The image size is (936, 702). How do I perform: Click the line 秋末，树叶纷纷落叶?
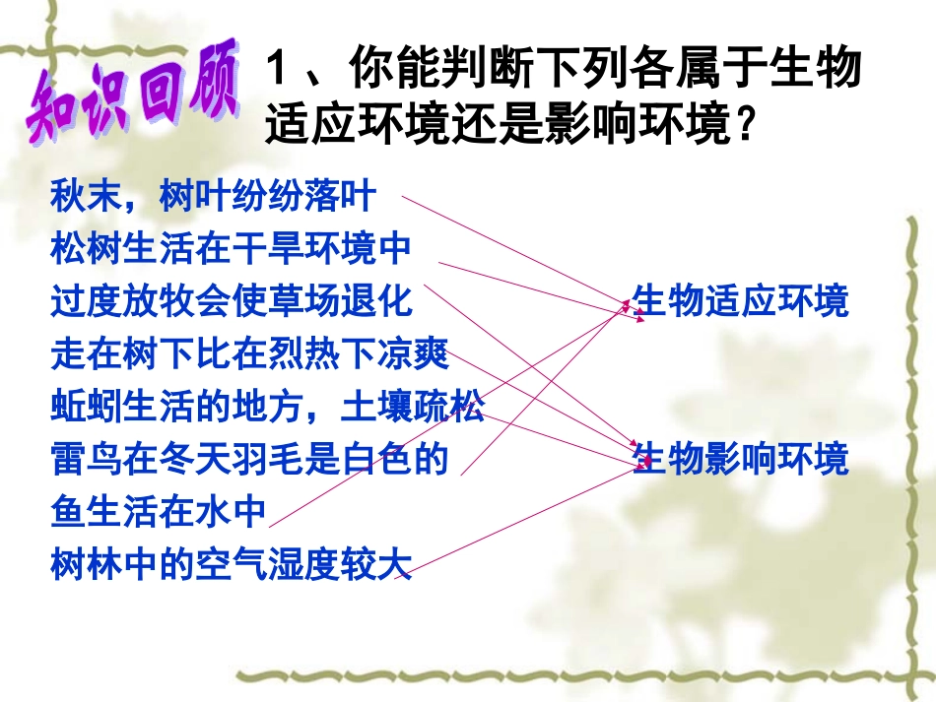coord(213,196)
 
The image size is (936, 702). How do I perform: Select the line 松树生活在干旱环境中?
coord(231,249)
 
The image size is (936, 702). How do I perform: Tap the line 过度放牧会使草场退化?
coord(232,301)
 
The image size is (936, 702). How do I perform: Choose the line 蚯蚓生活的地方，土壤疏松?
coord(267,407)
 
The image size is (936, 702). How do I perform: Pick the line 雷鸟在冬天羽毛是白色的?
coord(249,459)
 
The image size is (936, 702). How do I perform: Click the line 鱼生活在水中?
coord(159,512)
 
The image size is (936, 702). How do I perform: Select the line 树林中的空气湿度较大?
coord(231,564)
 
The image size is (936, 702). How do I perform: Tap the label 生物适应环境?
coord(740,301)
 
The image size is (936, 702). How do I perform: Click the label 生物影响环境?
coord(740,459)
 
